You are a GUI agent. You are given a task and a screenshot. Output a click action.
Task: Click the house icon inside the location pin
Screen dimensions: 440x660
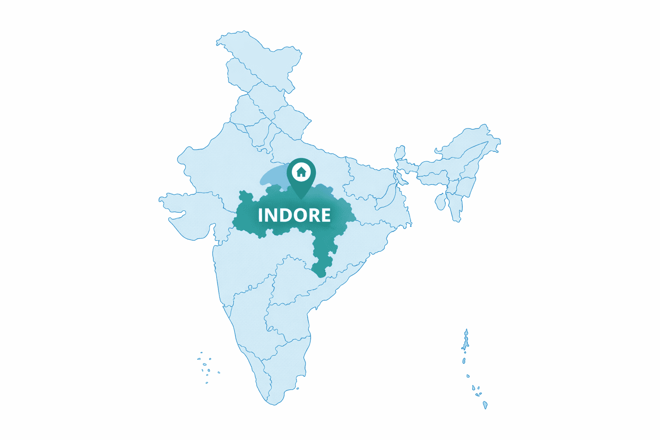301,172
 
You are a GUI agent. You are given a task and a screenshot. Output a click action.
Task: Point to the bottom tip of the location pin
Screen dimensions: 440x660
301,199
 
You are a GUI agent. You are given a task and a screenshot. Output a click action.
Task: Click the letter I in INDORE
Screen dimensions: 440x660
260,215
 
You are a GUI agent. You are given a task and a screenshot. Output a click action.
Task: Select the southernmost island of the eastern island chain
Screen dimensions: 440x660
485,405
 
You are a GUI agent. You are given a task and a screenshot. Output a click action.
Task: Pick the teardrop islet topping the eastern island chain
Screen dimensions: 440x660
466,332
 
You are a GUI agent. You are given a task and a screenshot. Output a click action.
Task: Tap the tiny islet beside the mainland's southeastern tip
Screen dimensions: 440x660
297,388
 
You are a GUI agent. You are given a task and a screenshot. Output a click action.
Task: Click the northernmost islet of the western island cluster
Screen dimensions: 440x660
201,353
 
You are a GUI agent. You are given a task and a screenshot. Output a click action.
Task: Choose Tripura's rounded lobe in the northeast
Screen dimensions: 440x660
440,202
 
